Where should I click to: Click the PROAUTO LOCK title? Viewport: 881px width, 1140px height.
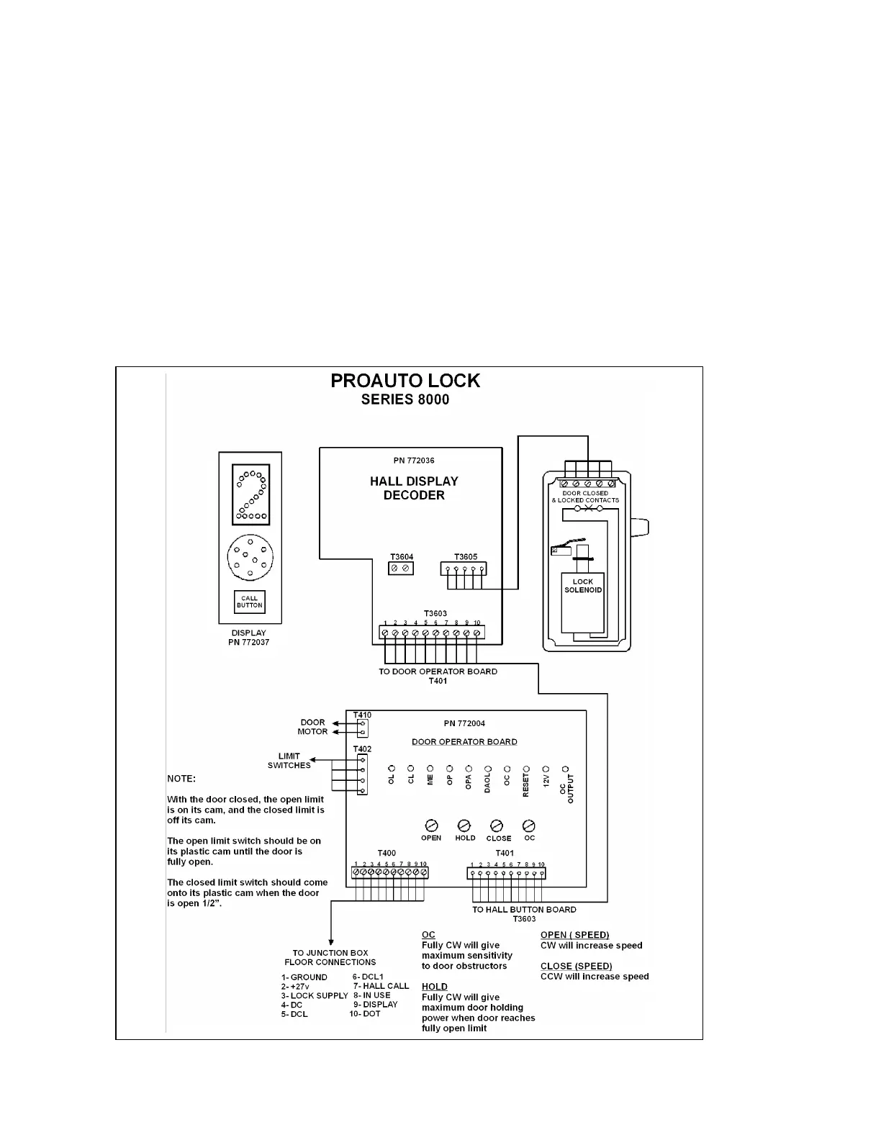pos(405,381)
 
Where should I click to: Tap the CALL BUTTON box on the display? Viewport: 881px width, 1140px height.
pos(250,602)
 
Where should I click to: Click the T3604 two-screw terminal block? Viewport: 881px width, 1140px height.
pos(401,569)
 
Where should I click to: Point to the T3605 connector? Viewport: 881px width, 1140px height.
pos(463,569)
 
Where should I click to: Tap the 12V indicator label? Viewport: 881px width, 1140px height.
pos(546,781)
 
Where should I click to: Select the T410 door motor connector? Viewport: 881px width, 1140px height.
pos(362,728)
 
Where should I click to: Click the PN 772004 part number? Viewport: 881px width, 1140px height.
pos(464,724)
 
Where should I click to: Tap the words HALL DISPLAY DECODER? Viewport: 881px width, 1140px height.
pos(414,488)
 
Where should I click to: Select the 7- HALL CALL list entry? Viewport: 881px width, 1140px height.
pos(381,986)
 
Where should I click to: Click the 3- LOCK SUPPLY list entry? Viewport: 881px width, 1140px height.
pos(314,995)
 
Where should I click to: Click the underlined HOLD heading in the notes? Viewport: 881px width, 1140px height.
pos(434,987)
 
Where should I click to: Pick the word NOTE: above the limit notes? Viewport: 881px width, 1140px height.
pos(181,779)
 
